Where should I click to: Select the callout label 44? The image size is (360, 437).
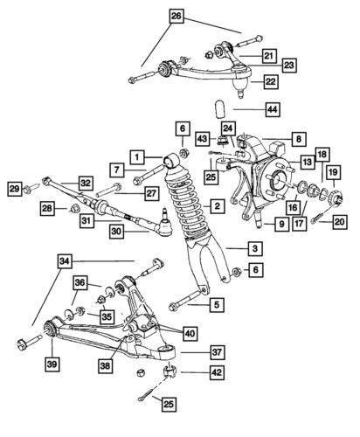click(x=247, y=110)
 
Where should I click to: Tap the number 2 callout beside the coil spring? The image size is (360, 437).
click(x=215, y=206)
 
